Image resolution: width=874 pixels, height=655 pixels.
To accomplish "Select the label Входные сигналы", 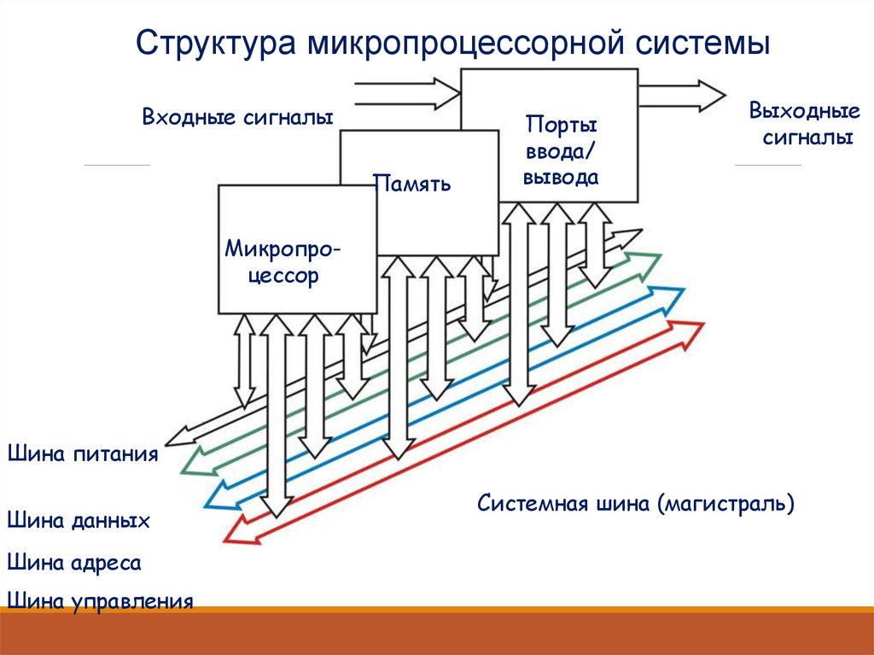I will [x=237, y=117].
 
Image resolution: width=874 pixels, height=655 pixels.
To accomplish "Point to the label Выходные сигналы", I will [x=803, y=124].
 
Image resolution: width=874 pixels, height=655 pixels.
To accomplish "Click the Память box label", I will [x=412, y=183].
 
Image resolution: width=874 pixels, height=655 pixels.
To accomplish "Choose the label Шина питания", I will [x=83, y=453].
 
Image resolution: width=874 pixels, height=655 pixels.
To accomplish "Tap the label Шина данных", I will [x=79, y=520].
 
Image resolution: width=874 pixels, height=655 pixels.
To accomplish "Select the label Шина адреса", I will [x=73, y=562].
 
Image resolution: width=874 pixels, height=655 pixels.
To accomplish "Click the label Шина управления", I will [x=99, y=601].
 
